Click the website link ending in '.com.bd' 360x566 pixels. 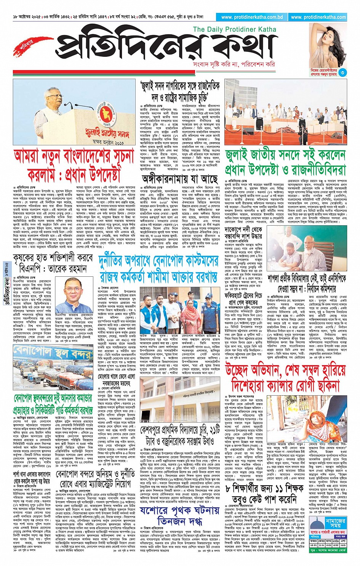click(252, 17)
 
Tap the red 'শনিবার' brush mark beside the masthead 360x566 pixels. click(27, 45)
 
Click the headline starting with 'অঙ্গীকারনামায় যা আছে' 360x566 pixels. click(180, 178)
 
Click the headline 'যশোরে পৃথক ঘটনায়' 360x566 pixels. click(179, 510)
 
